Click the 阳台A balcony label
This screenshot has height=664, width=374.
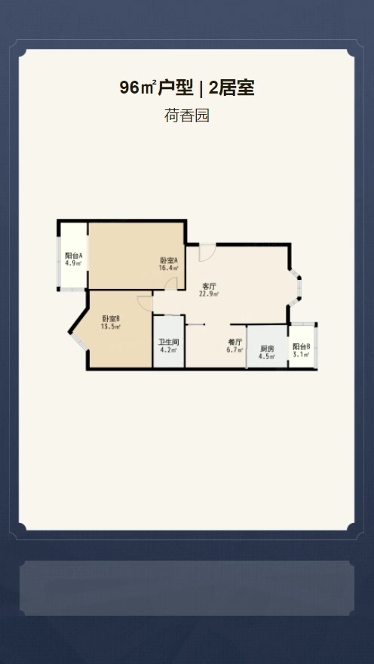(x=74, y=256)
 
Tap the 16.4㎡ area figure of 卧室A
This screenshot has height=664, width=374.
(x=168, y=268)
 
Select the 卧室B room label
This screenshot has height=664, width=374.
(x=111, y=318)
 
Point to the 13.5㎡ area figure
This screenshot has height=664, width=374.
(x=111, y=327)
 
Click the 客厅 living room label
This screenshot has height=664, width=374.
(x=209, y=286)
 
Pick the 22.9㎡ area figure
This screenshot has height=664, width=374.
(x=209, y=294)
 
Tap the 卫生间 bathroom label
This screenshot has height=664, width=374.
(x=168, y=342)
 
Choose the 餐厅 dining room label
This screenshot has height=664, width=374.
(x=235, y=342)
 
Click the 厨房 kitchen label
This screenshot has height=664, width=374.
(x=268, y=349)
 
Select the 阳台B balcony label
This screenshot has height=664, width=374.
(x=302, y=346)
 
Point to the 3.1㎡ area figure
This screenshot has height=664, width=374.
(x=302, y=355)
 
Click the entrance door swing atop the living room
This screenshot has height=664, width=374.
(x=207, y=253)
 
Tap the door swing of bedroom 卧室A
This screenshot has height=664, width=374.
(x=171, y=284)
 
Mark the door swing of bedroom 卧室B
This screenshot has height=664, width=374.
(x=145, y=303)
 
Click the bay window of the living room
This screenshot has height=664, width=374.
(x=296, y=287)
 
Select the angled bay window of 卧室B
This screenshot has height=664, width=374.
(x=78, y=341)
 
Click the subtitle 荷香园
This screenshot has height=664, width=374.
(x=187, y=115)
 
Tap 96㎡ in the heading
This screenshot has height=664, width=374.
(x=138, y=88)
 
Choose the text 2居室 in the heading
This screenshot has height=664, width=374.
(x=231, y=88)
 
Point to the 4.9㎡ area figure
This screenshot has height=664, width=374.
(x=74, y=263)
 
